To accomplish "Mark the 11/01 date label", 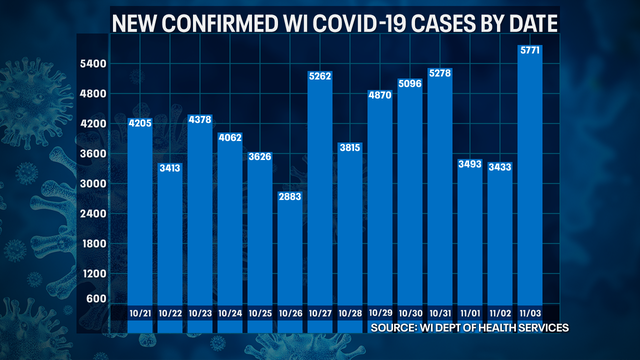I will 469,313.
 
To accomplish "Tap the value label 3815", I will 349,147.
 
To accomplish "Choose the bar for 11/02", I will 499,240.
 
